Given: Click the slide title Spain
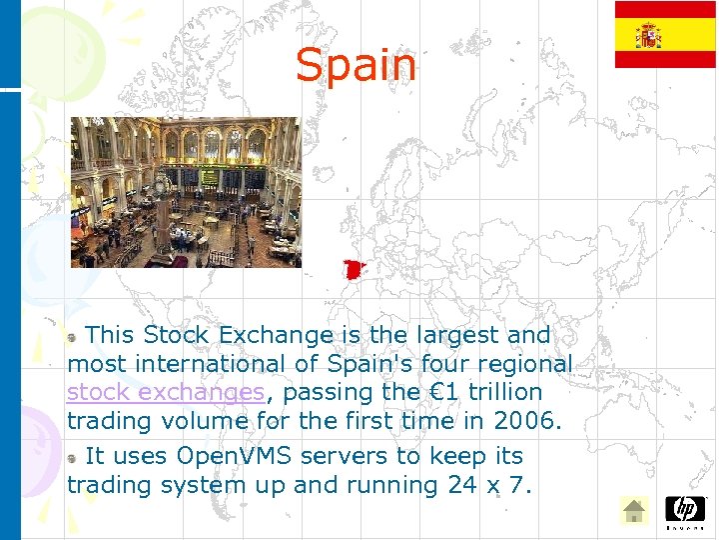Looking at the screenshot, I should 356,66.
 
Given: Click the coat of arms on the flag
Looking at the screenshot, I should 649,35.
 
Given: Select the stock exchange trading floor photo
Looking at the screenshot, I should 185,192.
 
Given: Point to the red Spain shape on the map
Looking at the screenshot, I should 353,270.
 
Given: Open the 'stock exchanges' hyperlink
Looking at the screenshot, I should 166,392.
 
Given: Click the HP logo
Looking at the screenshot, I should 685,509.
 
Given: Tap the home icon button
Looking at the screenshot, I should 633,511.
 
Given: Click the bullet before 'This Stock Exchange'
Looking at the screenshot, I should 74,336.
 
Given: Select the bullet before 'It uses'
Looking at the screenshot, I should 74,457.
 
